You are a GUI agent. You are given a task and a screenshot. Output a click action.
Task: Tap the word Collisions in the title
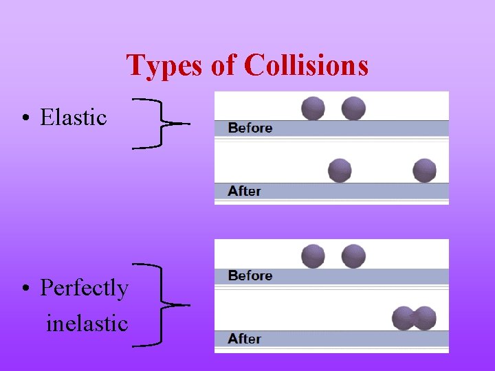pyautogui.click(x=306, y=66)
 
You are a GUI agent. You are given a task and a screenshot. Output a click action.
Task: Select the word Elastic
pyautogui.click(x=74, y=117)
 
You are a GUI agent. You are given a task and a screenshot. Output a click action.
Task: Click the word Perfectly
pyautogui.click(x=84, y=288)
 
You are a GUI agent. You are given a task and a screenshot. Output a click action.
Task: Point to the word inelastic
pyautogui.click(x=87, y=322)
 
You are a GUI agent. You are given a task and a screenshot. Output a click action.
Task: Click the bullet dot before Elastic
pyautogui.click(x=24, y=118)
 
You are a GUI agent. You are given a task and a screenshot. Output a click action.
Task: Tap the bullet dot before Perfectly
pyautogui.click(x=24, y=289)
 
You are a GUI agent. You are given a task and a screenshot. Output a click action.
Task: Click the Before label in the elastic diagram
pyautogui.click(x=250, y=128)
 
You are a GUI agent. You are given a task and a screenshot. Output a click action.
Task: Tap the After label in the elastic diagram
pyautogui.click(x=245, y=191)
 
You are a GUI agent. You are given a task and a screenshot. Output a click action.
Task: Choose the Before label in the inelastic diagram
pyautogui.click(x=250, y=276)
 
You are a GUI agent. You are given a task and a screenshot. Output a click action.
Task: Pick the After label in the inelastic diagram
pyautogui.click(x=245, y=339)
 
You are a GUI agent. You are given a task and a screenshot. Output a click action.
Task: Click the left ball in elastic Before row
pyautogui.click(x=313, y=108)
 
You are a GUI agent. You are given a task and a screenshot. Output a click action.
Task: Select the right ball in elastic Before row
pyautogui.click(x=353, y=108)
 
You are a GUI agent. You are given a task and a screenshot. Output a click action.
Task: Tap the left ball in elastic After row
pyautogui.click(x=340, y=170)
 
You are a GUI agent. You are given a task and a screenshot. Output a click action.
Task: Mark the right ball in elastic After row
pyautogui.click(x=424, y=170)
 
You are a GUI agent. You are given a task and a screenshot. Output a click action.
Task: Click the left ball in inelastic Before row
pyautogui.click(x=313, y=256)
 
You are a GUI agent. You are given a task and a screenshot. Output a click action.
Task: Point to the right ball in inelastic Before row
pyautogui.click(x=353, y=256)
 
